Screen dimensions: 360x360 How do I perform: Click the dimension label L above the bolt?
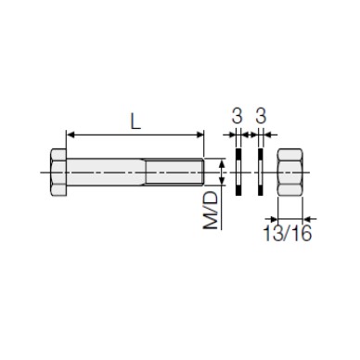(x=135, y=121)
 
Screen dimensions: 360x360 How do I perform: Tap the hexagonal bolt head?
(x=58, y=172)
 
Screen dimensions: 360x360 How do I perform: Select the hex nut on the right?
(x=290, y=172)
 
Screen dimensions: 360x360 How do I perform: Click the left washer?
(x=238, y=172)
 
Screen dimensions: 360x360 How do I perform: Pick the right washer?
(x=261, y=172)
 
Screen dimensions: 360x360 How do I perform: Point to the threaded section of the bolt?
(x=174, y=172)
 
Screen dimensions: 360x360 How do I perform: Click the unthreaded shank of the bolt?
(x=106, y=172)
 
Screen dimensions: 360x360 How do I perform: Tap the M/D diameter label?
(x=211, y=211)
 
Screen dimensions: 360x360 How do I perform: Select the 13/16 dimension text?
(x=288, y=233)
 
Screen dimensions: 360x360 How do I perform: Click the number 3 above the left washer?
(x=238, y=117)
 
